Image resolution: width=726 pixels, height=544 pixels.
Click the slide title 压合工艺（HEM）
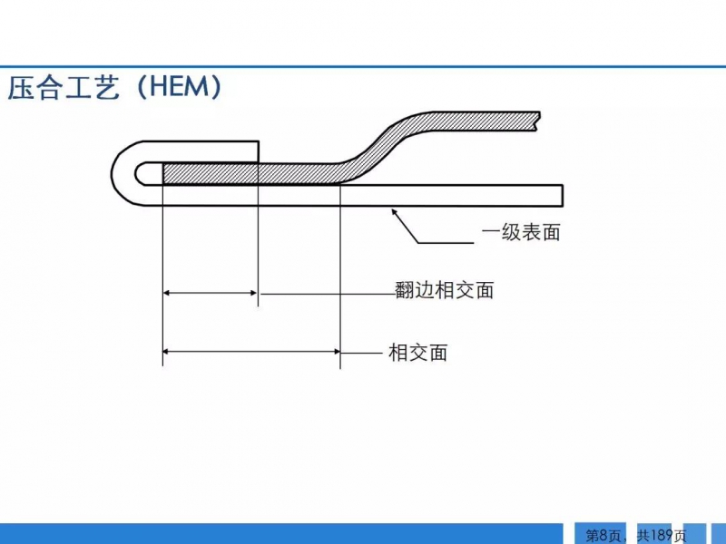(115, 87)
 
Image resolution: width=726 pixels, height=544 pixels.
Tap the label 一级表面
(521, 232)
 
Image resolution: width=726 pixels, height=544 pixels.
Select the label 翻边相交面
(445, 290)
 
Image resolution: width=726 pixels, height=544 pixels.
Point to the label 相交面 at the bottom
(418, 353)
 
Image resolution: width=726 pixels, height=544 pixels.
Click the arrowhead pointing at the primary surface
(395, 213)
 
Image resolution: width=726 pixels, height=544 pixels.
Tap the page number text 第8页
(603, 535)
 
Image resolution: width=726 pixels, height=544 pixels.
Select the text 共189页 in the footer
(662, 535)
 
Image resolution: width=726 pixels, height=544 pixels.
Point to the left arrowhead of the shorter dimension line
(168, 293)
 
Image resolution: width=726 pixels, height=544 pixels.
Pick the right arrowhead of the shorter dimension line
(253, 293)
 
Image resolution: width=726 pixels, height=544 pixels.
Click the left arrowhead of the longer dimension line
(168, 352)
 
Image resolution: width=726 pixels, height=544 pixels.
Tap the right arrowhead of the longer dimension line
(336, 352)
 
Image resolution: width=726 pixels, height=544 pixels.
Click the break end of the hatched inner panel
(538, 121)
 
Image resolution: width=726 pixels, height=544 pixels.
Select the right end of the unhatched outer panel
(562, 195)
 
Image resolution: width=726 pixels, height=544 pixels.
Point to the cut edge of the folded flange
(258, 151)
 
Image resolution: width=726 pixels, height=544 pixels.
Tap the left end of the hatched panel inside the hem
(163, 173)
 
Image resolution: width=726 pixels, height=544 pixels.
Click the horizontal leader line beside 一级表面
(446, 242)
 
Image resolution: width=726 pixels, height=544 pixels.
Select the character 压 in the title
(22, 87)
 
